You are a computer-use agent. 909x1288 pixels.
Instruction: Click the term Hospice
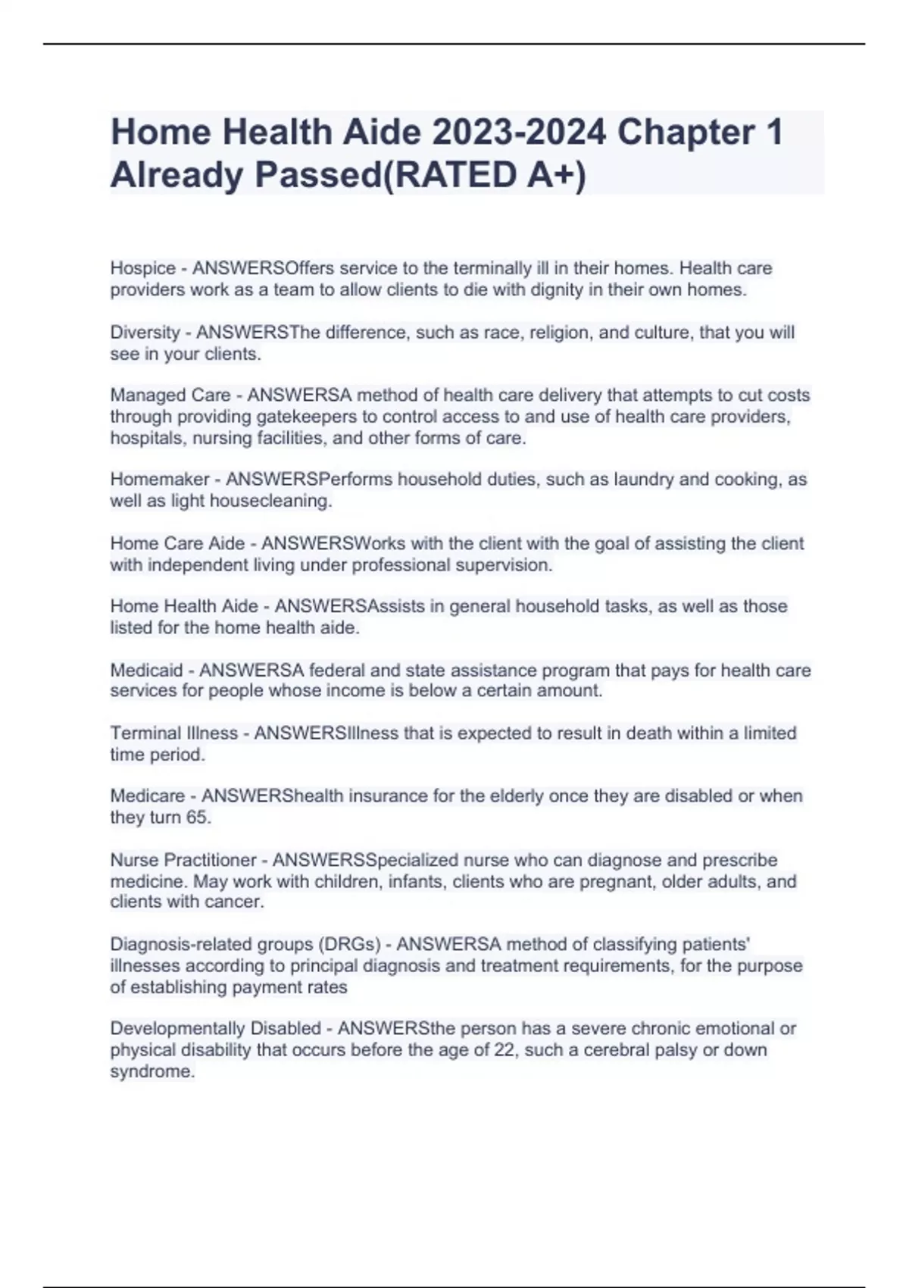click(142, 268)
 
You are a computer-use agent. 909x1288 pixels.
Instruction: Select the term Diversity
click(145, 333)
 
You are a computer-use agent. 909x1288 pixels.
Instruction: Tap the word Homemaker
click(159, 480)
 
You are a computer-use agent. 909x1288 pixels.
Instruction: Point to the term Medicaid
click(146, 671)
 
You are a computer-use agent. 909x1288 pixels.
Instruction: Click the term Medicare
click(147, 796)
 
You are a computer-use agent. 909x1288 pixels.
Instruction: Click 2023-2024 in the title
click(519, 133)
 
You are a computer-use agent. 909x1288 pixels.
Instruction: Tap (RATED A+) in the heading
click(484, 176)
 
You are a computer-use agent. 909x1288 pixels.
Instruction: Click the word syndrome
click(151, 1071)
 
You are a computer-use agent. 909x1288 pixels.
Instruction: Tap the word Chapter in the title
click(686, 133)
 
